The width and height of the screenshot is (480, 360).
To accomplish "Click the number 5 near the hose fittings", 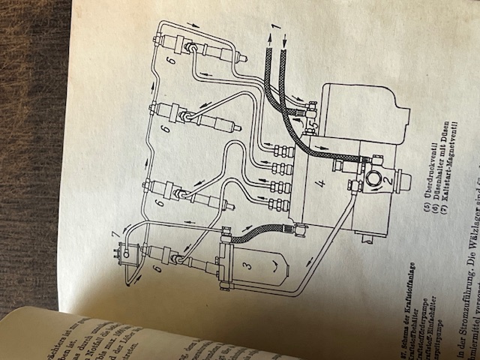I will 307,120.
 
